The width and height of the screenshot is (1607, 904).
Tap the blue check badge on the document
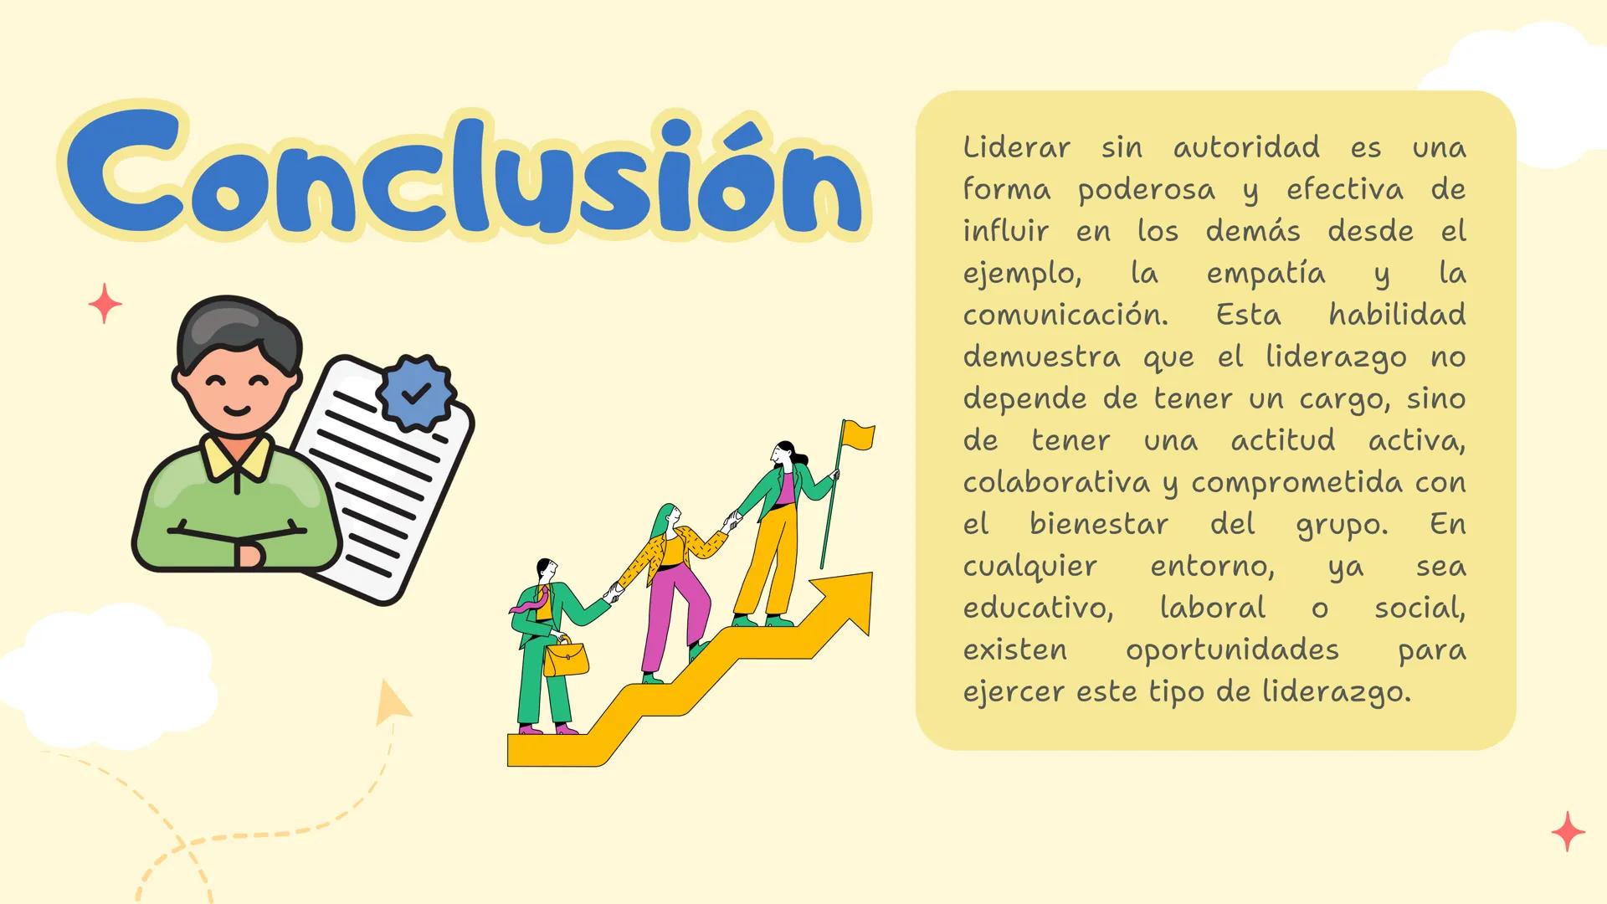[416, 392]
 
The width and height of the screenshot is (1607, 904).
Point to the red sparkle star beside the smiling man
[105, 303]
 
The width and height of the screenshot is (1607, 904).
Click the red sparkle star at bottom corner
[1568, 831]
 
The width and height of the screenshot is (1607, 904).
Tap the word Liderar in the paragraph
[1016, 148]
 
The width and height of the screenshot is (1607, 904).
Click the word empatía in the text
[1266, 274]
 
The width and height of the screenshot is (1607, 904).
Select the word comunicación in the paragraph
[1065, 316]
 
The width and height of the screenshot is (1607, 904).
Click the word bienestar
[1098, 525]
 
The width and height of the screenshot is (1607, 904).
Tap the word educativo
[1038, 609]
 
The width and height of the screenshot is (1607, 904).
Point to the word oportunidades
[1232, 650]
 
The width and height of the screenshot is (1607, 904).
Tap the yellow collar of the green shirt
[237, 456]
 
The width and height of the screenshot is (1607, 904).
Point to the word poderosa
[1147, 190]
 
